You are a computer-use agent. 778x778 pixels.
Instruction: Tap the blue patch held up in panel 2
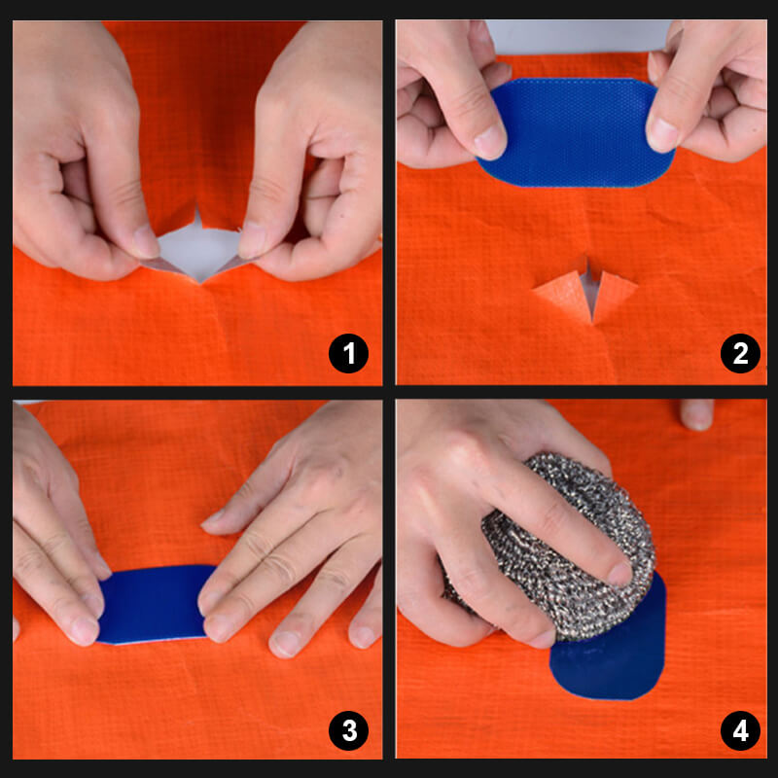pos(574,133)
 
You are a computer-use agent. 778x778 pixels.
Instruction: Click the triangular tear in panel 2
pos(586,292)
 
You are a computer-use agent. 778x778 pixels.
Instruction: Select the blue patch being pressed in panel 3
pos(156,605)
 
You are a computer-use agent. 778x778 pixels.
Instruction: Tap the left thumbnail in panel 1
pos(145,240)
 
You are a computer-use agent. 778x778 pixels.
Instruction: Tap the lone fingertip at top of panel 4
pos(696,415)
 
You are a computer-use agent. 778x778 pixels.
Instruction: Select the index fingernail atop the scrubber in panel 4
pos(619,574)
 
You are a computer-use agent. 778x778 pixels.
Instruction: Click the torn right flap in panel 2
pos(614,291)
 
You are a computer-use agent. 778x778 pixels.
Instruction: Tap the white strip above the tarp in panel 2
pos(574,37)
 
